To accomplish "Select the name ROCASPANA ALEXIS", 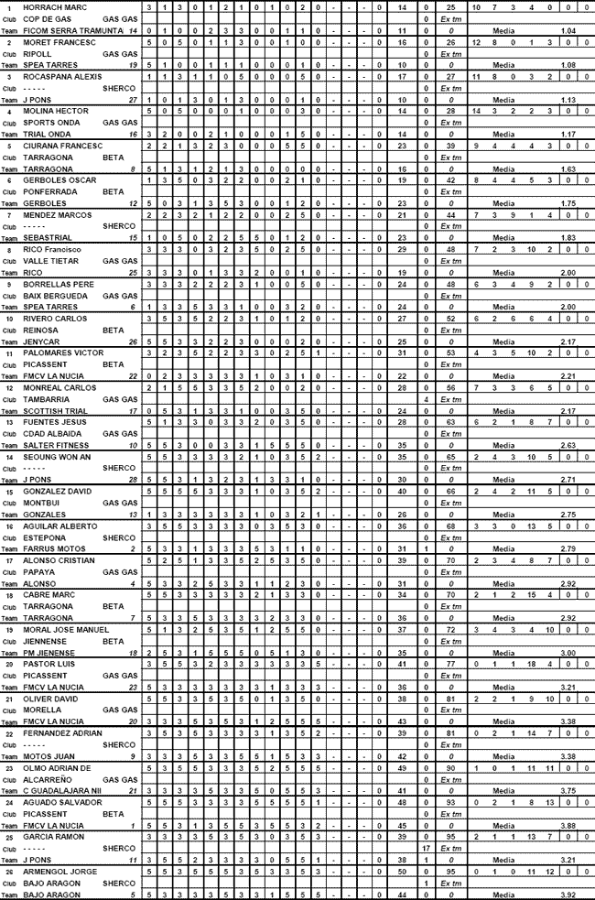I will [61, 77].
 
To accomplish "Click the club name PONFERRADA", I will [54, 192].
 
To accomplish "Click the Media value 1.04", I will [568, 31].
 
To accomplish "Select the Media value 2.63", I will [568, 446].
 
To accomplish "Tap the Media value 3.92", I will [568, 895].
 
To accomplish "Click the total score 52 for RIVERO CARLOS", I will [450, 319].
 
